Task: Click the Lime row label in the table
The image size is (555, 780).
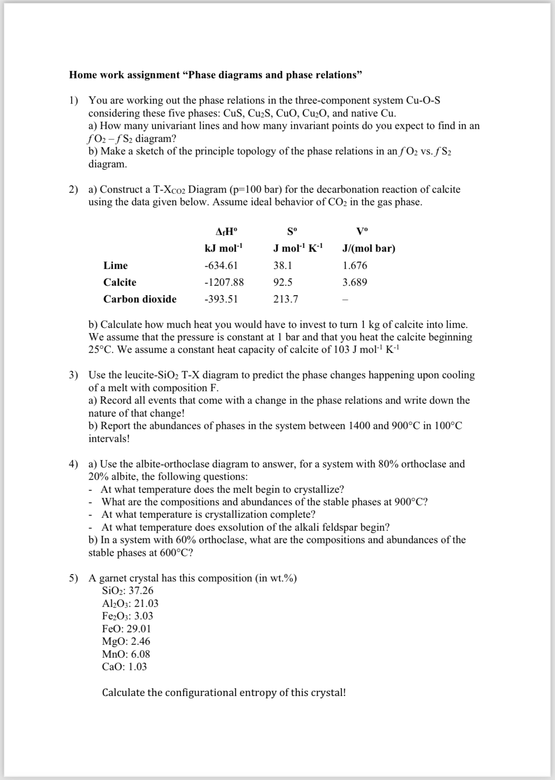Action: tap(115, 266)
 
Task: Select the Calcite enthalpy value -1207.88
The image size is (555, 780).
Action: tap(224, 282)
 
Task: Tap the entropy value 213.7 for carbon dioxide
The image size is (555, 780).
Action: tap(286, 299)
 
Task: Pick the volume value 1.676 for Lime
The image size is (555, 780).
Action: tap(355, 266)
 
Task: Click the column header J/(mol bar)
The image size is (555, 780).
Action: tap(368, 248)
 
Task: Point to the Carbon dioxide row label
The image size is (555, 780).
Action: tap(139, 299)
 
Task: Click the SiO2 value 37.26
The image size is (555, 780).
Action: tap(141, 591)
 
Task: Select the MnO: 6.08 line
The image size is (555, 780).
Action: tap(126, 654)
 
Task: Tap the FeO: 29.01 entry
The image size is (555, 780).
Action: tap(126, 628)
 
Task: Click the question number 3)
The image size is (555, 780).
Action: tap(74, 375)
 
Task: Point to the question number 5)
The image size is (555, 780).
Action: tap(74, 578)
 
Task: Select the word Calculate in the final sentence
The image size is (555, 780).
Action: tap(123, 693)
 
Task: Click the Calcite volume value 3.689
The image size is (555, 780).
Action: tap(355, 282)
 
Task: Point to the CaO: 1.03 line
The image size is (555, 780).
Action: tap(124, 667)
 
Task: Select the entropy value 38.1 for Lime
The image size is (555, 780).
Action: tap(283, 266)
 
